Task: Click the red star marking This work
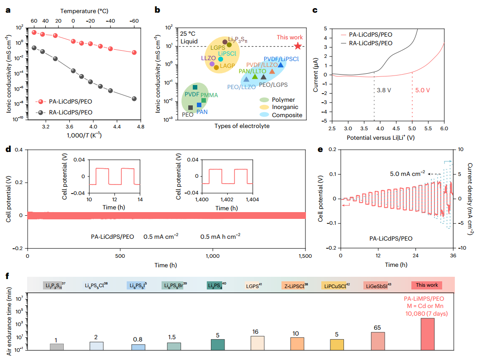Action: coord(297,46)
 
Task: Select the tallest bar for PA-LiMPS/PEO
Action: coord(427,334)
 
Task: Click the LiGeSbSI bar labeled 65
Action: coord(378,341)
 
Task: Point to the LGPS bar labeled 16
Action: coord(258,342)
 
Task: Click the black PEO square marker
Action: coord(191,108)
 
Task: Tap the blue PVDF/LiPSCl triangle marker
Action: coord(281,65)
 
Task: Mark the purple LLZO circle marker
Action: coord(211,64)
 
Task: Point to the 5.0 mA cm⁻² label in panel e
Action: coord(408,173)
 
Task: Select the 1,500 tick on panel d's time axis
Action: coord(305,256)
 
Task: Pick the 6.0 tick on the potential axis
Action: coord(444,129)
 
